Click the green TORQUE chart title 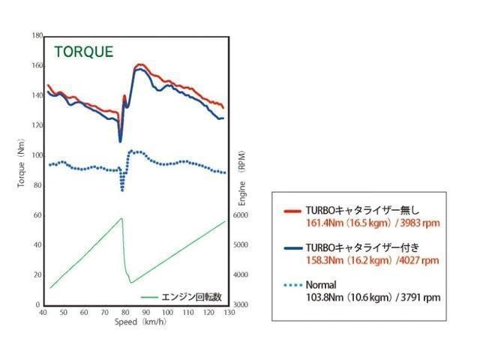tap(84, 52)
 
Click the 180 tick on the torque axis tap(37, 36)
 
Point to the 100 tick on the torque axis tap(37, 155)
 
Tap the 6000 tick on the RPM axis tap(241, 215)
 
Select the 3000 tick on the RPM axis tap(241, 305)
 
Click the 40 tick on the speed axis tap(43, 313)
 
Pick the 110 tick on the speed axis tap(188, 313)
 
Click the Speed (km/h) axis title tap(140, 322)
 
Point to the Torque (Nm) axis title tap(21, 163)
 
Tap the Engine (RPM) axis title tap(241, 178)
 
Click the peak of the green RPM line tap(121, 218)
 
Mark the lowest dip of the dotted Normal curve tap(122, 190)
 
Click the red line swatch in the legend tap(292, 211)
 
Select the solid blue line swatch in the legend tap(292, 248)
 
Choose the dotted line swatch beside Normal tap(292, 285)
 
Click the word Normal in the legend tap(321, 285)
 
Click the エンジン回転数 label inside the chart tap(191, 297)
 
